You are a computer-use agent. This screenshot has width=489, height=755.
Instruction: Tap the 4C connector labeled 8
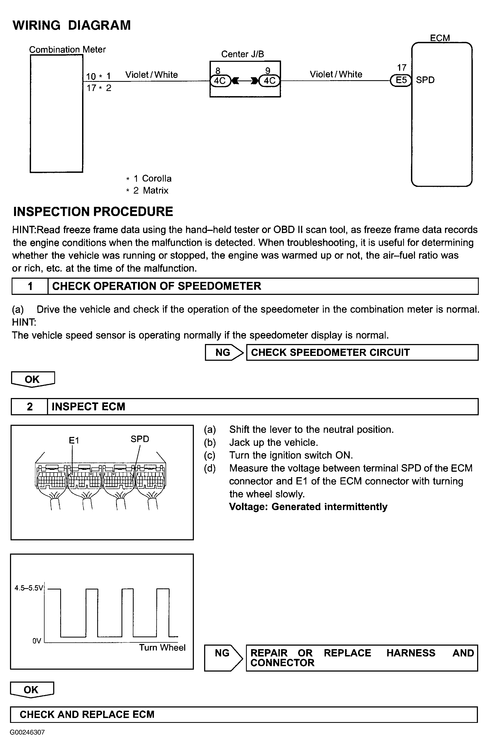tap(220, 80)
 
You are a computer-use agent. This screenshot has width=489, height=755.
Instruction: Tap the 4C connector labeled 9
tap(269, 80)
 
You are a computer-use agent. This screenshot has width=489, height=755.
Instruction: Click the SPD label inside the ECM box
tap(425, 80)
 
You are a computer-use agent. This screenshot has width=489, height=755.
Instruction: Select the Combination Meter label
tap(67, 49)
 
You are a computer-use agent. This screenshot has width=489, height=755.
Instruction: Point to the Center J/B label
tap(242, 54)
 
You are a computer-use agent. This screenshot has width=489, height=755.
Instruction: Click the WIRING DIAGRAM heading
tap(71, 25)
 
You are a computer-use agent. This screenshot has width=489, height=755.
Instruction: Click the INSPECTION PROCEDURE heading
tap(93, 212)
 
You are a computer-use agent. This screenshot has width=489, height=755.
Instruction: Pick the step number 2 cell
tap(29, 407)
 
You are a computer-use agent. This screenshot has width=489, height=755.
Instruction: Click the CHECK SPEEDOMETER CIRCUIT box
tap(362, 352)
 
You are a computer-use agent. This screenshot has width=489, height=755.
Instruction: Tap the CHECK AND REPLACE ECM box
tap(244, 714)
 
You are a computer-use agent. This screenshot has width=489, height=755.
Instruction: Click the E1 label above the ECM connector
tap(74, 440)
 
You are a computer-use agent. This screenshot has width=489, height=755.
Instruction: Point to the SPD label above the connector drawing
tap(140, 439)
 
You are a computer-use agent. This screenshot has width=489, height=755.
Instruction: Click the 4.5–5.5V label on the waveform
tap(29, 588)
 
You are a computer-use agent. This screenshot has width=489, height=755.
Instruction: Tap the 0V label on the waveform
tap(37, 641)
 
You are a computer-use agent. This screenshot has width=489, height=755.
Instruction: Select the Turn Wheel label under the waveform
tap(162, 648)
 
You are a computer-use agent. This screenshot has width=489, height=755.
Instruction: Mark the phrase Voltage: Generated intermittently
tap(308, 507)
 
